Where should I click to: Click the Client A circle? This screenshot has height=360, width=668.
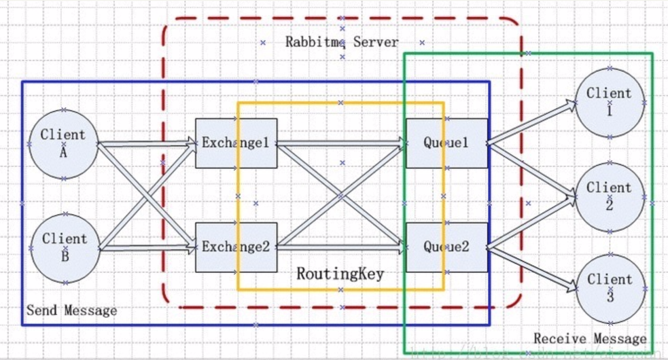(x=63, y=143)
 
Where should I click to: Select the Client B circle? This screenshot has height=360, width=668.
(x=65, y=248)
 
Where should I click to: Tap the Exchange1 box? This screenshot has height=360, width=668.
(x=236, y=143)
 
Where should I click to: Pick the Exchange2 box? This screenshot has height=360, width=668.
(x=236, y=247)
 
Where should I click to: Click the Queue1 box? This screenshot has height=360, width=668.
(x=446, y=143)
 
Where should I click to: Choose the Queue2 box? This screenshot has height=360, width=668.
(x=446, y=247)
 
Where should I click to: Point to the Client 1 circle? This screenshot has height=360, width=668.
(x=610, y=101)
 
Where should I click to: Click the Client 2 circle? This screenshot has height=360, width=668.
(x=610, y=196)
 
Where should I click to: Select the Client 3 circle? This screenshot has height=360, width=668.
(x=610, y=287)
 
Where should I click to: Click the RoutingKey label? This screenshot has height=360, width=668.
(x=340, y=274)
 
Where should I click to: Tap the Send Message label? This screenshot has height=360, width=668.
(x=71, y=311)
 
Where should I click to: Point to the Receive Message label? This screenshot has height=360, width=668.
(x=590, y=338)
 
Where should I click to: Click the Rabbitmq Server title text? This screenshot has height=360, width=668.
(x=342, y=42)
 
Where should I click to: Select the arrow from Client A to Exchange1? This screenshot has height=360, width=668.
(x=146, y=143)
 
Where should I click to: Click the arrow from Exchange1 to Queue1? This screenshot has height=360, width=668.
(x=340, y=143)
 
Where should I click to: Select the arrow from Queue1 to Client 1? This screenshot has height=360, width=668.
(x=530, y=124)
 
